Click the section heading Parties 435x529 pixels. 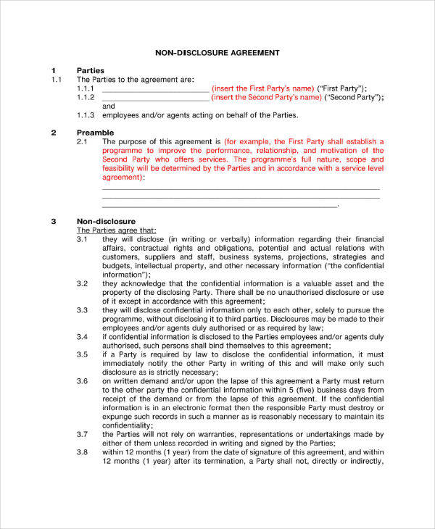tap(91, 70)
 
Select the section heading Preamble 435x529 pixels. tap(95, 133)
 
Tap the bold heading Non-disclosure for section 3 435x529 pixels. tap(106, 221)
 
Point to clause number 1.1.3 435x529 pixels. tap(86, 114)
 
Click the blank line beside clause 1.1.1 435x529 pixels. tap(154, 88)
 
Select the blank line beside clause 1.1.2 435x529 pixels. tap(154, 97)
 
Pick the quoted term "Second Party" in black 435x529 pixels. tap(353, 97)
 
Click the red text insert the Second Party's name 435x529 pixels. tap(265, 97)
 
